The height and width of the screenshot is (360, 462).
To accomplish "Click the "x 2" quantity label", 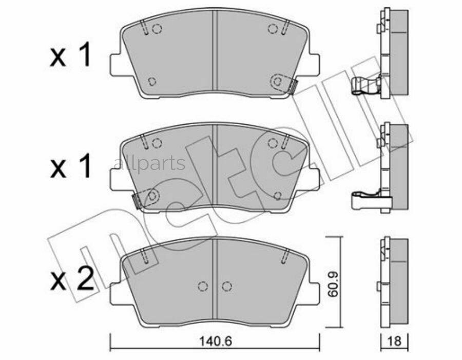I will coord(71,279).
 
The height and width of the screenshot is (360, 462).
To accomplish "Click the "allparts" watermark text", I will coord(148,164).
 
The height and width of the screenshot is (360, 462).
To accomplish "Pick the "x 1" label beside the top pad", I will coord(71,56).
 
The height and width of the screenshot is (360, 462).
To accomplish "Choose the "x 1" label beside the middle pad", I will coord(71,167).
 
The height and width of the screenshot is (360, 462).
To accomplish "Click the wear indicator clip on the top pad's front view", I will coord(293,86).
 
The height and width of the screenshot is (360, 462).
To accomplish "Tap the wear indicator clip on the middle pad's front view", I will coord(138,199).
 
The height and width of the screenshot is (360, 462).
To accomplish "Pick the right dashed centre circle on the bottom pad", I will coord(226,287).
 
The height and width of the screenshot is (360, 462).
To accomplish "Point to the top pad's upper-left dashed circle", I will coord(158,29).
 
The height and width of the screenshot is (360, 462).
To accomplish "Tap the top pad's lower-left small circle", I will coord(151,81).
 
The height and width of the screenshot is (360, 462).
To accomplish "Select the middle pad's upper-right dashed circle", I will coord(273,142).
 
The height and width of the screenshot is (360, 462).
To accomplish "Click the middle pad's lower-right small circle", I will coord(278,196).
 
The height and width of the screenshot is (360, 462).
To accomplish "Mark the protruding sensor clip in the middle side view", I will coord(364,199).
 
